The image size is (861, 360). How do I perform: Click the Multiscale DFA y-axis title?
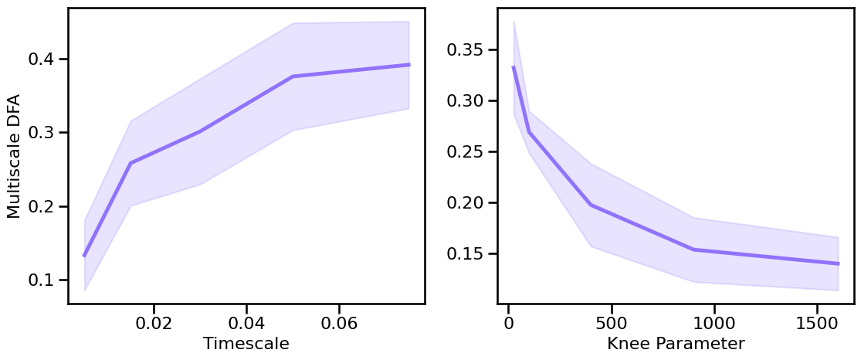[14, 155]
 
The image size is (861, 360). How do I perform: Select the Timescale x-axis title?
[246, 344]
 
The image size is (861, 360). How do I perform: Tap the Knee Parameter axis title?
[676, 344]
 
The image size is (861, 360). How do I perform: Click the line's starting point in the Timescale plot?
[84, 256]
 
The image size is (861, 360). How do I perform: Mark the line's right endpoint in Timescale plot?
[408, 65]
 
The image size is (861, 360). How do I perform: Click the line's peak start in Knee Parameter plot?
[514, 67]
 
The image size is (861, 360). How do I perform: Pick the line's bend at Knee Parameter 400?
[591, 205]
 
